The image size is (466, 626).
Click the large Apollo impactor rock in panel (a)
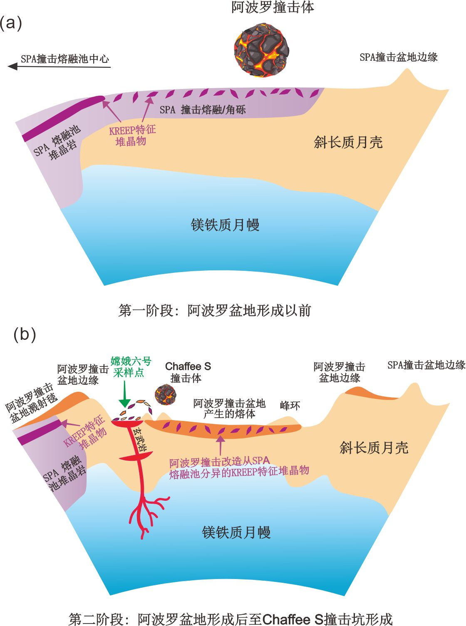[262, 50]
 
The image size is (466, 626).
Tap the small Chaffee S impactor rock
[166, 395]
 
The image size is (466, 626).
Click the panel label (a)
[11, 23]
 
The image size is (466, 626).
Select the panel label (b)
[25, 334]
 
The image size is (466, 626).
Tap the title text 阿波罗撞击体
[273, 7]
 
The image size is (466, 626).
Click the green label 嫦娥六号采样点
[131, 366]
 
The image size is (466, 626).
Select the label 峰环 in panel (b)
[290, 405]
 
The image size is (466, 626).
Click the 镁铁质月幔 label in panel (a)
[225, 225]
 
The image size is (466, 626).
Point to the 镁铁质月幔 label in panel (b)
[236, 532]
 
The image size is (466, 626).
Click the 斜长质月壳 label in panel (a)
[348, 143]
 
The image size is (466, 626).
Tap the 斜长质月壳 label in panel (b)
[374, 448]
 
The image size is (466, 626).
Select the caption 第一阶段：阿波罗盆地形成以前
[215, 311]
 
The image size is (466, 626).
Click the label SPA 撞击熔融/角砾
[203, 110]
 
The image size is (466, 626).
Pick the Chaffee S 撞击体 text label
[188, 372]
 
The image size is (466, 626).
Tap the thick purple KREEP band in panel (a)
[62, 118]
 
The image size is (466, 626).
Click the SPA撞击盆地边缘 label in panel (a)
[399, 57]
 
